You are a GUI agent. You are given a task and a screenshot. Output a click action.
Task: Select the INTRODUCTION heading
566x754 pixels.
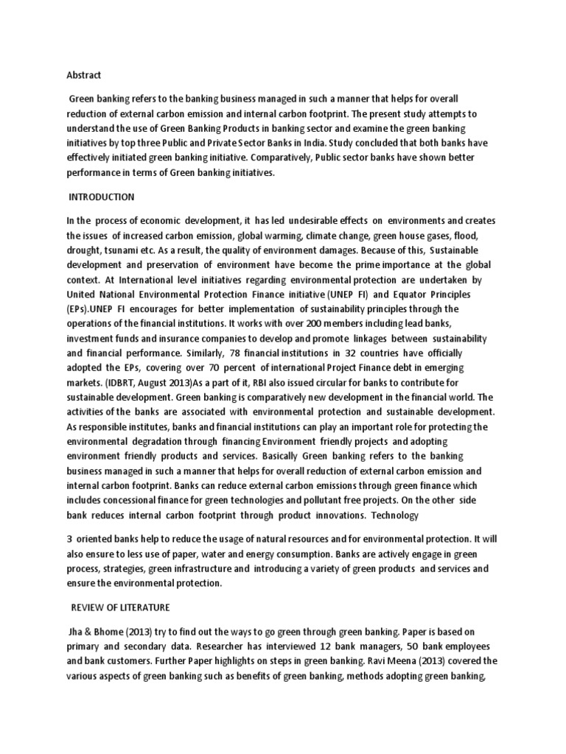tap(101, 197)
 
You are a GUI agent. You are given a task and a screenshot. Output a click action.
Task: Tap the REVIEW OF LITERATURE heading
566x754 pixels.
tap(120, 607)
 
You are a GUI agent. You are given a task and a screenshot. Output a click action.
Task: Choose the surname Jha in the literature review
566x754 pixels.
tap(77, 630)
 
